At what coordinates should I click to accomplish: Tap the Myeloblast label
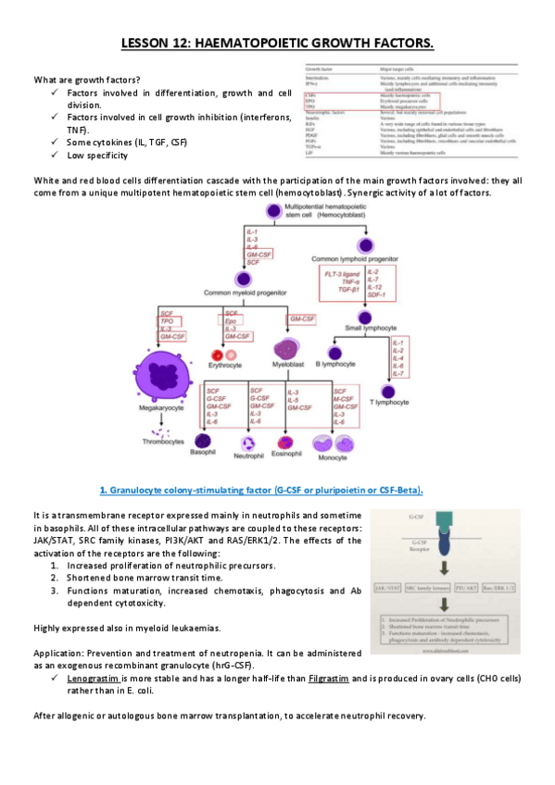(x=286, y=365)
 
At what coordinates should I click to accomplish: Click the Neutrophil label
(x=249, y=456)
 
